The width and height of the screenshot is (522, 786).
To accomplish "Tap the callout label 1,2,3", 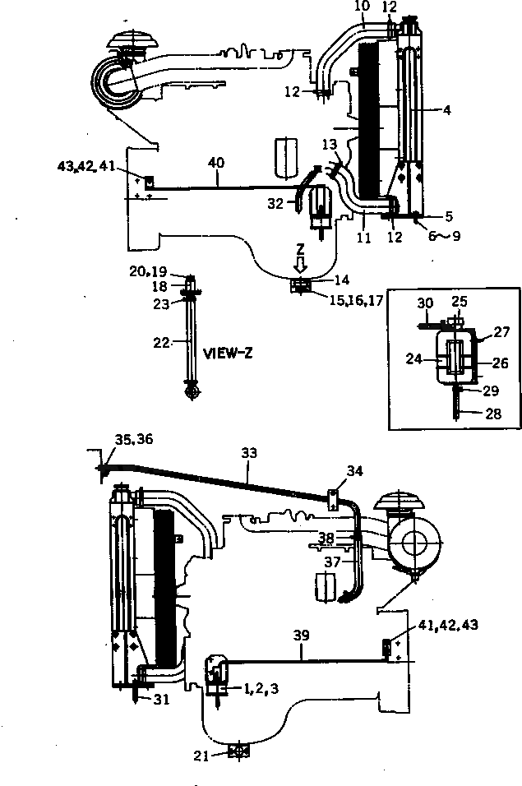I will pos(260,687).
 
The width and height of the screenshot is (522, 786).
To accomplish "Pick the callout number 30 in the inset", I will pos(423,302).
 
